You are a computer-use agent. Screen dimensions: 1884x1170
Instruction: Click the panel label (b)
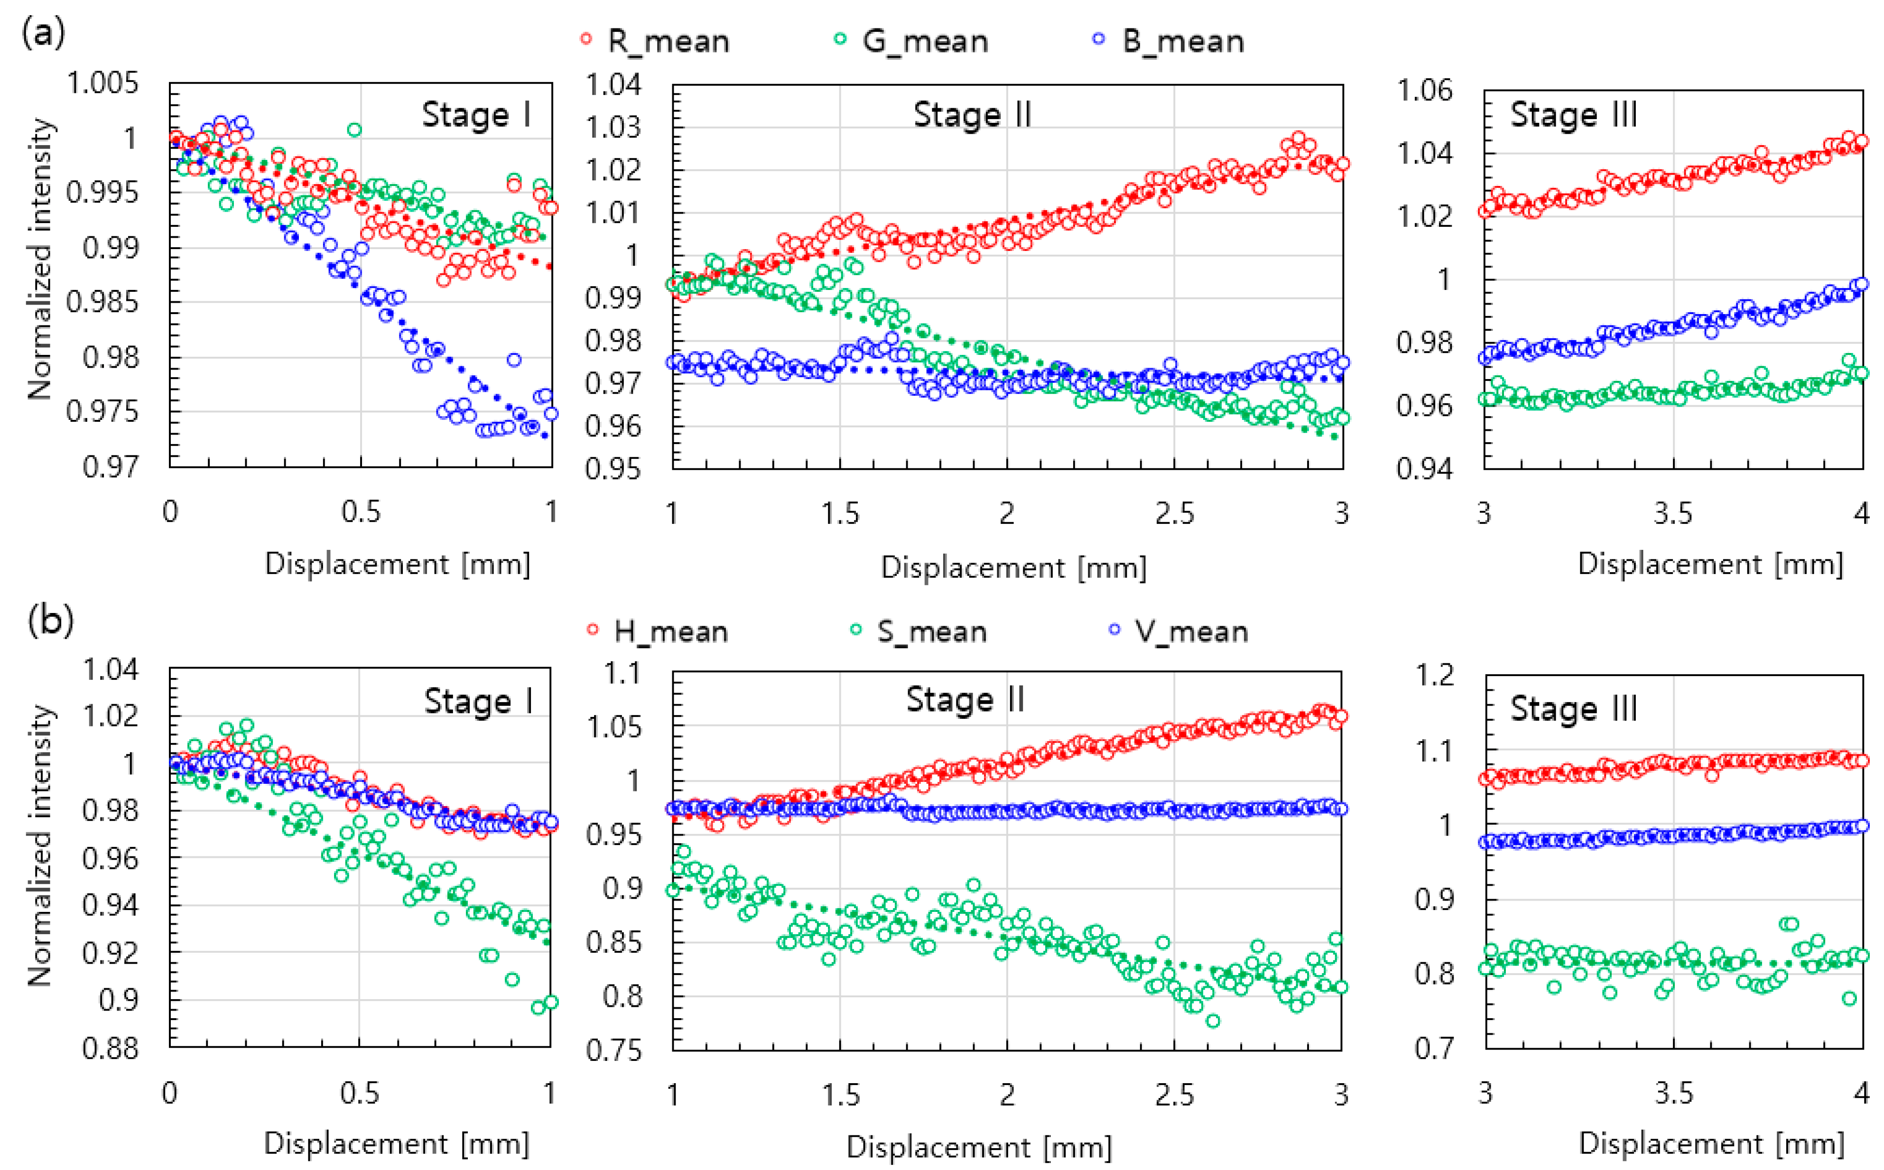point(50,621)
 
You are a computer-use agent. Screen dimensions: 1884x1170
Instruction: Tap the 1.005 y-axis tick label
point(103,83)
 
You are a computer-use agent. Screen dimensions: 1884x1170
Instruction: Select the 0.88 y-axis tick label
point(111,1049)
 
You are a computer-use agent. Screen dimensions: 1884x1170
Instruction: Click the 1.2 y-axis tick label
point(1435,675)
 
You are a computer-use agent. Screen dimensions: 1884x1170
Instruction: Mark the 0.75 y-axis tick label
point(613,1050)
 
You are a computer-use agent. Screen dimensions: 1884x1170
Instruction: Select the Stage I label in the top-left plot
point(477,114)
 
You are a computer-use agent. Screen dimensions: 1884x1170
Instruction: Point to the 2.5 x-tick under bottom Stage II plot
point(1175,1094)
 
